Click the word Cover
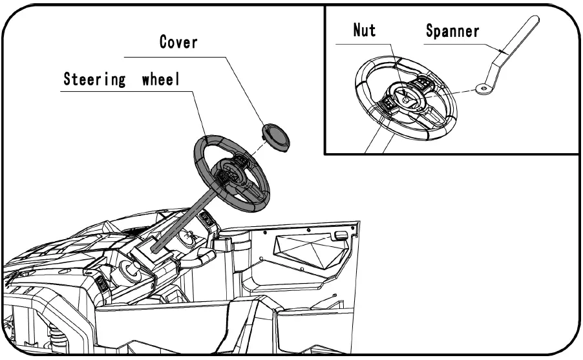(178, 43)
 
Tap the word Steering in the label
(94, 80)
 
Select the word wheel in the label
(160, 80)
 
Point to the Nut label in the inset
(365, 30)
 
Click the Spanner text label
(452, 30)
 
